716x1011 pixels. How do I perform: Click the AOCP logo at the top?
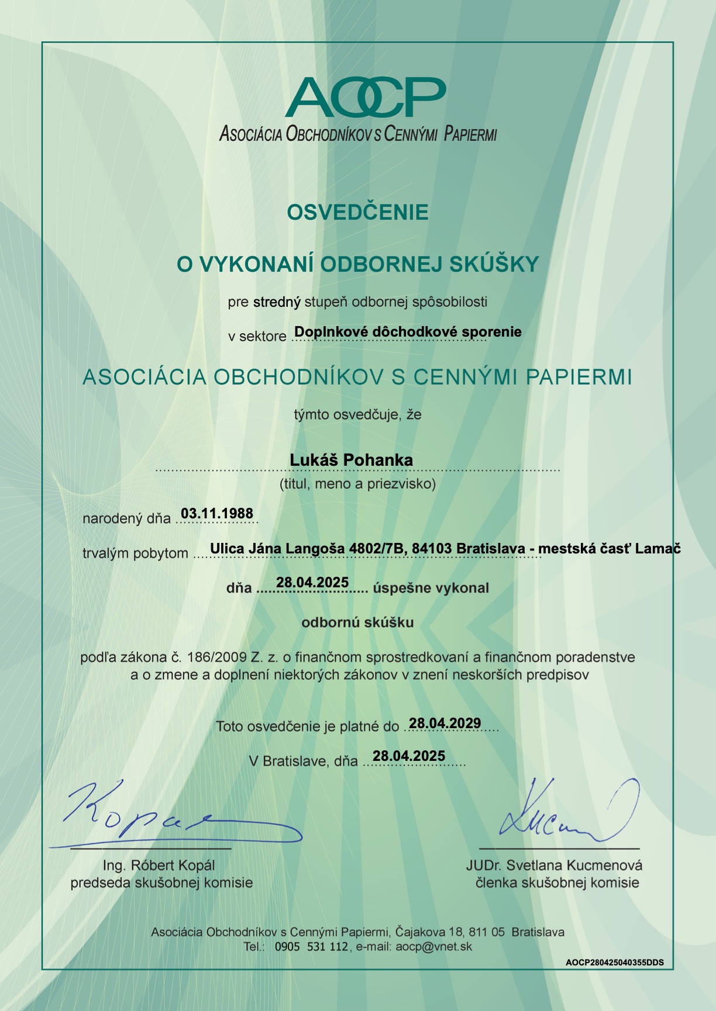click(x=365, y=97)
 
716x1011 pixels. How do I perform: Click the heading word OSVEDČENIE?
click(x=357, y=212)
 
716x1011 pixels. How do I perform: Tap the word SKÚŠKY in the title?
click(x=494, y=264)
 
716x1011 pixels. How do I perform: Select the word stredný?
click(x=277, y=302)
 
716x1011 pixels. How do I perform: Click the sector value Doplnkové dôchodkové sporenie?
click(x=408, y=332)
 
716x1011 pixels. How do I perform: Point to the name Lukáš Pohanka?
click(x=351, y=460)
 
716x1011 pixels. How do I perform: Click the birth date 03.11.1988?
click(x=217, y=513)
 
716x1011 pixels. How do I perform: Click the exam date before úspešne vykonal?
click(x=312, y=582)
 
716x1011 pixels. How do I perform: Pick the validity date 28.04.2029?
click(x=445, y=723)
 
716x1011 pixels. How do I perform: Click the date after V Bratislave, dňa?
click(x=409, y=756)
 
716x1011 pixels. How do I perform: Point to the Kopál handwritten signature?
click(x=175, y=815)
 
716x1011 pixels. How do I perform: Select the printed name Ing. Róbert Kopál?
click(x=159, y=865)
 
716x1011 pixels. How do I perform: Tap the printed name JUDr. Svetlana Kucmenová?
click(x=554, y=865)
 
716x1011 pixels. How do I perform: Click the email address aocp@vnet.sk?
click(x=433, y=947)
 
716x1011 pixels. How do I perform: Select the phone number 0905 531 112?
click(x=311, y=947)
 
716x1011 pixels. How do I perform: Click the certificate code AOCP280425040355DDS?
click(x=615, y=962)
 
